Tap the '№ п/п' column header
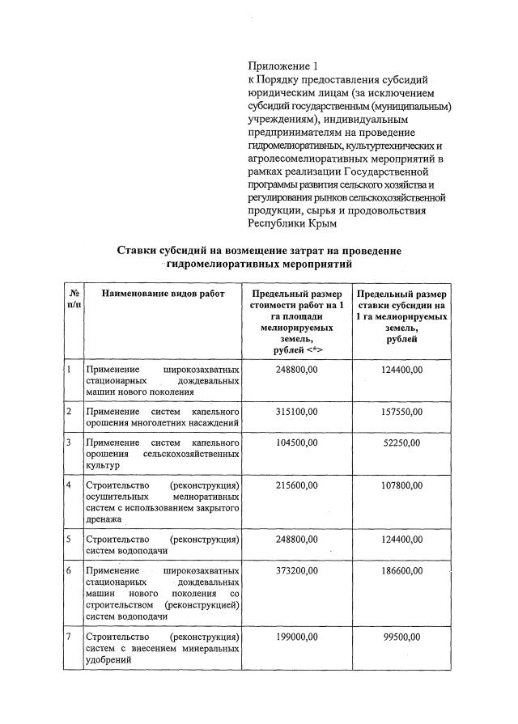(x=74, y=300)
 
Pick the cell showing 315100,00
(x=297, y=412)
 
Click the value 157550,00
(x=402, y=412)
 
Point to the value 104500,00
(x=297, y=443)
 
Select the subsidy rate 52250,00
(x=402, y=443)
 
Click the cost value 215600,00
(x=297, y=485)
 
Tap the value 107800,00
(x=402, y=485)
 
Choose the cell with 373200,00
(x=297, y=570)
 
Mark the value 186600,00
(x=402, y=570)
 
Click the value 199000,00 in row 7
(x=297, y=637)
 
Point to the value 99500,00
(x=402, y=637)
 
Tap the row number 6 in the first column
(x=70, y=570)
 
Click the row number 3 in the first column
(x=70, y=443)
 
